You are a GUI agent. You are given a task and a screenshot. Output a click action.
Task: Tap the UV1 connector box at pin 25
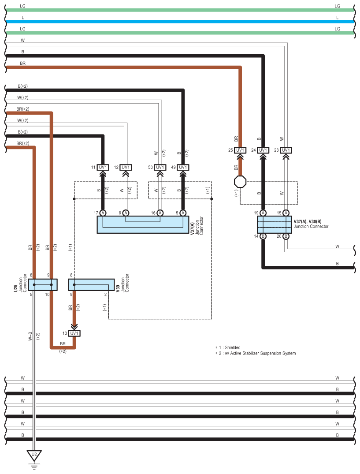(x=240, y=150)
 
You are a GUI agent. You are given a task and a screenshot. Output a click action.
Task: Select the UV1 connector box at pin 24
(x=263, y=150)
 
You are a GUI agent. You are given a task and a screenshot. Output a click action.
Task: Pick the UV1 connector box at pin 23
(x=286, y=150)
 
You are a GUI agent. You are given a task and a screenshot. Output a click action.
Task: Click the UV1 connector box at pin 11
(x=103, y=167)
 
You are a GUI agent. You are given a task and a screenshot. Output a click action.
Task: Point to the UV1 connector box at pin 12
(x=126, y=167)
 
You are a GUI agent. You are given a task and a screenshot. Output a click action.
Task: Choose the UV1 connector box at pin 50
(x=160, y=167)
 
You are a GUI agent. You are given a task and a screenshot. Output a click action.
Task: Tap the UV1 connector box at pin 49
(x=183, y=167)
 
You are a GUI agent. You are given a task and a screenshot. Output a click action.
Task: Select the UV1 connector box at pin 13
(x=74, y=333)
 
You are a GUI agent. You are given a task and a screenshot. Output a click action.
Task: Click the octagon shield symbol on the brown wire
(x=240, y=182)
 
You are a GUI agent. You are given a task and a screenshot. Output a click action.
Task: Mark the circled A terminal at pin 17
(x=103, y=213)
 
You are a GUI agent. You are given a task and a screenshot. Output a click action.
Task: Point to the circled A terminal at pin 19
(x=263, y=213)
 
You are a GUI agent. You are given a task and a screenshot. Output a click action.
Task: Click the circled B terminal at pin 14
(x=263, y=236)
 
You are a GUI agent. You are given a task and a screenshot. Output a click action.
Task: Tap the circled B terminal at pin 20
(x=286, y=236)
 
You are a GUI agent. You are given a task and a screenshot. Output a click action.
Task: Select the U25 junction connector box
(x=43, y=285)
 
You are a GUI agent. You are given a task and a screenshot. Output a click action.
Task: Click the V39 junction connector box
(x=92, y=285)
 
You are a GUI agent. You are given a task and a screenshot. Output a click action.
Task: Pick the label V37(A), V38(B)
(x=308, y=222)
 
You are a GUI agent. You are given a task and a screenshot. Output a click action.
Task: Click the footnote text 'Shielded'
(x=233, y=347)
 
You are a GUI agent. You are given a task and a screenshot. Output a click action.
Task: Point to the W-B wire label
(x=30, y=336)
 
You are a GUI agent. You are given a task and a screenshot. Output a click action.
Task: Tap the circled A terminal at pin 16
(x=160, y=213)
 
